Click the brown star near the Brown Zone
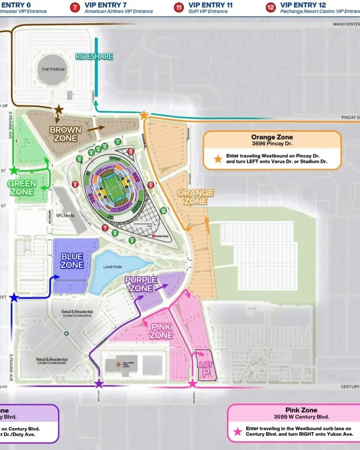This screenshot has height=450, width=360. tap(59, 109)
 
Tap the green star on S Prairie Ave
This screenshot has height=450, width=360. tap(14, 171)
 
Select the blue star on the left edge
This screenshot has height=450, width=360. tap(14, 298)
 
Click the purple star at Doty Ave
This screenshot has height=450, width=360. tap(99, 383)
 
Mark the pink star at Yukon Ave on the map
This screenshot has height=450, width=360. tap(192, 383)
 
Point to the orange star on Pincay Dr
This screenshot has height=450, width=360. tap(144, 115)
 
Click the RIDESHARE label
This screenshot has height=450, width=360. tap(94, 56)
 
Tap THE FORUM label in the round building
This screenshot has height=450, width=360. tap(53, 69)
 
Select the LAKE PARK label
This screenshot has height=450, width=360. tap(113, 267)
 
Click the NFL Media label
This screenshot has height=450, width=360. tap(65, 216)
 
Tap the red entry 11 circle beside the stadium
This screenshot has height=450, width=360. tap(151, 184)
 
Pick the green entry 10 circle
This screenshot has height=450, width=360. tap(163, 211)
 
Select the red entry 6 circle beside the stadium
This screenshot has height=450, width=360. tap(75, 184)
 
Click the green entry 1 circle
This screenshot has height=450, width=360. tap(118, 142)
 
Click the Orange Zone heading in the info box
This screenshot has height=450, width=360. tap(272, 137)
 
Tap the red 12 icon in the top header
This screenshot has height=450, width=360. tap(270, 7)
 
